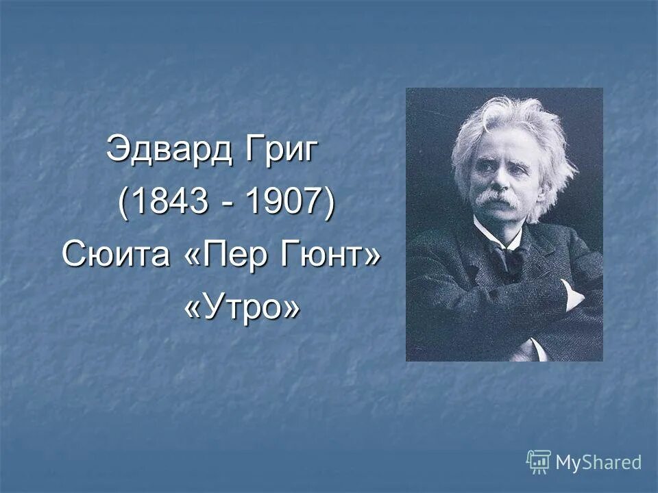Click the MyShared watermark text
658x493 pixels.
[x=598, y=462]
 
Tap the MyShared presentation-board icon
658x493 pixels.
[x=539, y=462]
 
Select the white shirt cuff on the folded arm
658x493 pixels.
[x=570, y=293]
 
